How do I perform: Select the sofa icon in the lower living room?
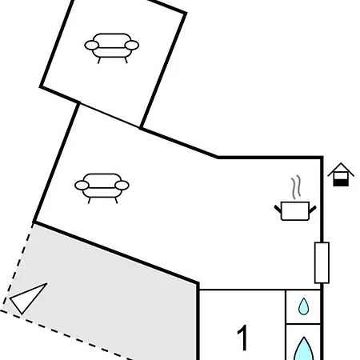point(102,188)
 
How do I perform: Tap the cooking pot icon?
point(295,211)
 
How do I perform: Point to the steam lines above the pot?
point(296,187)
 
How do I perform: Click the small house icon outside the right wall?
point(341,174)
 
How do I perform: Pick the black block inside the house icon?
point(341,182)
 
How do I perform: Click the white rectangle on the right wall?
point(322,262)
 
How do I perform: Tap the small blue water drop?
point(303,306)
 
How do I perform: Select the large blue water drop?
point(303,350)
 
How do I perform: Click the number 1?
point(243,338)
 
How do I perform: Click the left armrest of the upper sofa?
point(92,46)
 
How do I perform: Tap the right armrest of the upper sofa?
point(132,46)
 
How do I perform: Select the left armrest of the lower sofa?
point(82,185)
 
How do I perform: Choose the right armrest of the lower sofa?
point(122,185)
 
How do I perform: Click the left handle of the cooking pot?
point(278,209)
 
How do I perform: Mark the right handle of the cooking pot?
point(313,210)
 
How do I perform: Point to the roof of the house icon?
point(341,170)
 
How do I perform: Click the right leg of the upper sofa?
point(126,60)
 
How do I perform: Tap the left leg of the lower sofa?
point(90,201)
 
